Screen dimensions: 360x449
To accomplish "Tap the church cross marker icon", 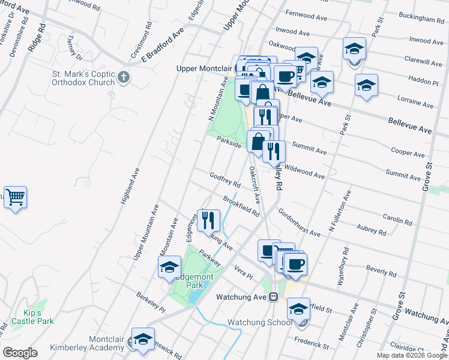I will [124, 77].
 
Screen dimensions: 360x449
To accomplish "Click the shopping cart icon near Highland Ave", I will [15, 197].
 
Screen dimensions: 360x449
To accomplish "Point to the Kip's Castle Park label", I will [32, 317].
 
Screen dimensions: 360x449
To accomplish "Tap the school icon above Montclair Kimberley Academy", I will [143, 340].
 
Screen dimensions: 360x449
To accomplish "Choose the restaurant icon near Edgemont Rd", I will [208, 220].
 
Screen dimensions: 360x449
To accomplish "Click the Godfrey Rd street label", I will [225, 179].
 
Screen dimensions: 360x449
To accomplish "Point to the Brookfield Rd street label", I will [241, 205].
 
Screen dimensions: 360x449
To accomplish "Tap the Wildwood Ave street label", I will [304, 173].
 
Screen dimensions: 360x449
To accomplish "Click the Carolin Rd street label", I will [397, 221].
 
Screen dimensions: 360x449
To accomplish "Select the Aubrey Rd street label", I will [371, 230].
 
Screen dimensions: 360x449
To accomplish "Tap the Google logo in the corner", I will [20, 352].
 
